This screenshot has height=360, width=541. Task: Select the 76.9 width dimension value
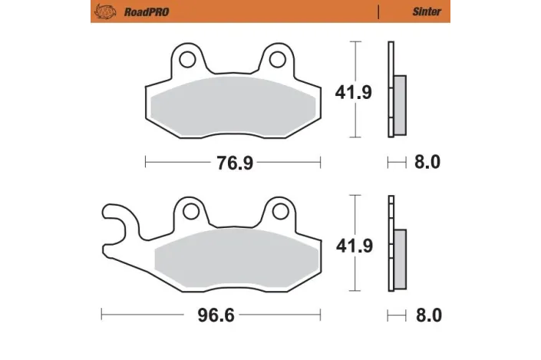(233, 163)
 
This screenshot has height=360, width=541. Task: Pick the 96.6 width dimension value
(211, 315)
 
